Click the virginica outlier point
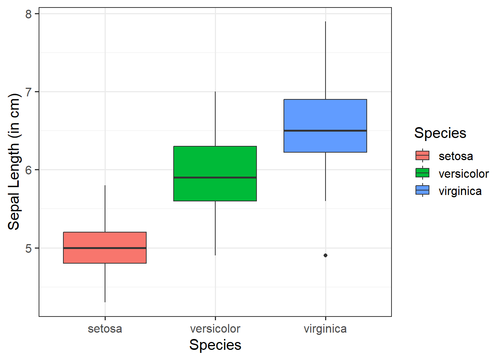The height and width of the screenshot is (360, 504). [x=325, y=255]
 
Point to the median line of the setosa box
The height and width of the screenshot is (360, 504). [x=105, y=248]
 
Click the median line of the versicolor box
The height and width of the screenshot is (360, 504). [x=215, y=177]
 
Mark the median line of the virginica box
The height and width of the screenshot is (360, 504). [x=325, y=130]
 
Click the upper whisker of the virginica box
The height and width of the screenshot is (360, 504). [x=325, y=60]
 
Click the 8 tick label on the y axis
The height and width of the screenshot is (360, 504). [x=29, y=14]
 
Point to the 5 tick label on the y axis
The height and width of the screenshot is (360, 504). [x=29, y=248]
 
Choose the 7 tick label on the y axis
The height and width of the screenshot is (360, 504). [x=29, y=92]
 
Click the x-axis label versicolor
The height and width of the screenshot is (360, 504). [x=215, y=329]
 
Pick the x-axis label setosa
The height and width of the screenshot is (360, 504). [x=105, y=329]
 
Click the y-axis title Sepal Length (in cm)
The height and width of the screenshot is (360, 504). [x=14, y=162]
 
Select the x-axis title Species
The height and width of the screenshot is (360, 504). [x=215, y=345]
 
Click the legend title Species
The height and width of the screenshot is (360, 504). [x=440, y=133]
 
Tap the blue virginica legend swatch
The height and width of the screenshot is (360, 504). [x=423, y=190]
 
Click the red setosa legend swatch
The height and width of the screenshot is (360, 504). [x=423, y=156]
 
